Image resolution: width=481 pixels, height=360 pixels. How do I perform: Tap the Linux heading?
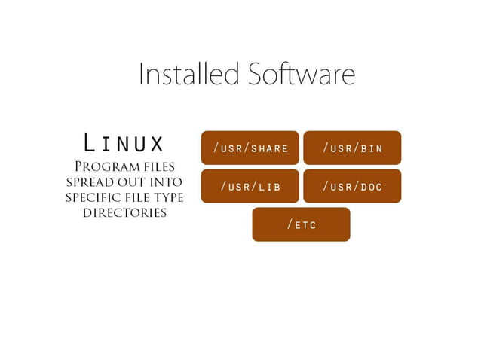124,142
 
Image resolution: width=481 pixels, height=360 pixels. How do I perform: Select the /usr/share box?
250,148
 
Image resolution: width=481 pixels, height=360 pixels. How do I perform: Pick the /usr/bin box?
352,148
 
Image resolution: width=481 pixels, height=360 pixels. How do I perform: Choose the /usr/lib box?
250,186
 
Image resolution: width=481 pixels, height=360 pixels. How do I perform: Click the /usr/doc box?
352,186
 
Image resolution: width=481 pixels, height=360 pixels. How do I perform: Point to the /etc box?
301,224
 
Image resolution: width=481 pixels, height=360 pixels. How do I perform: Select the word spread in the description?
93,182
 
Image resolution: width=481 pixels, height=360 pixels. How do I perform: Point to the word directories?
124,212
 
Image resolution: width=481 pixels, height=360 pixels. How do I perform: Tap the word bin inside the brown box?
372,148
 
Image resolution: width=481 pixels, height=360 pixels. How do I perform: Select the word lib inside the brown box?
269,186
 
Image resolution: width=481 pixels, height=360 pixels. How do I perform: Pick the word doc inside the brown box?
371,186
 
